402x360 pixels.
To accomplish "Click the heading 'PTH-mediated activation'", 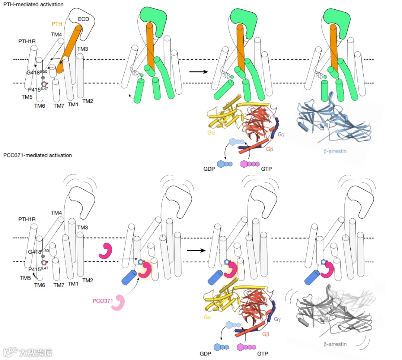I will (33, 4).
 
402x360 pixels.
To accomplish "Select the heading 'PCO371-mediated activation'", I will (37, 155).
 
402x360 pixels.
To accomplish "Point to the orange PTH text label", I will (57, 23).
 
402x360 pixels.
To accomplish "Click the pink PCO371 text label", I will (103, 300).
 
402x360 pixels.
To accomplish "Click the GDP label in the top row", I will (209, 168).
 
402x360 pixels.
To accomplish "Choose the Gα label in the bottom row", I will (208, 317).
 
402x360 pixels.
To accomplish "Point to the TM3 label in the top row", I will (82, 49).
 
